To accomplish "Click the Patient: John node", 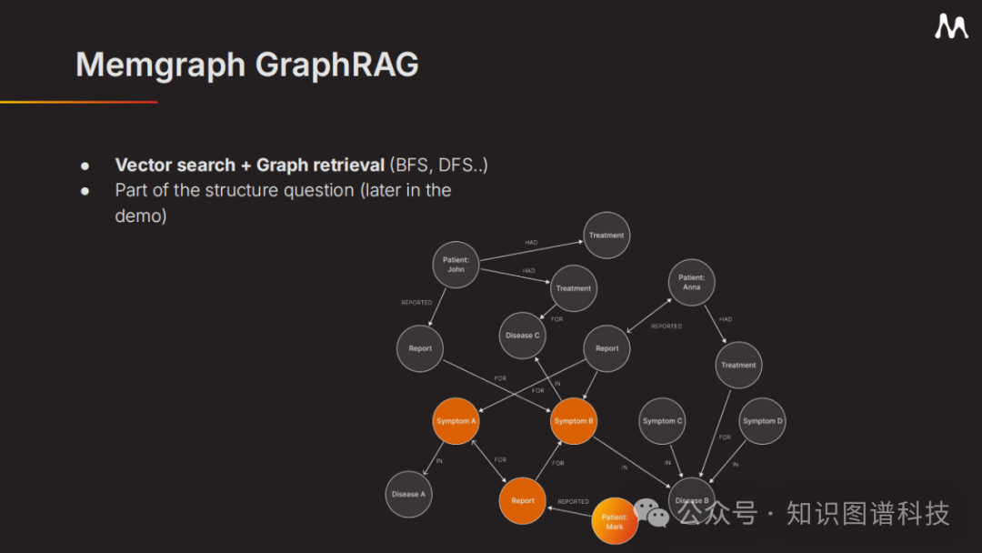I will click(x=456, y=265).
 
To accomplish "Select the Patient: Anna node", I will click(x=691, y=282).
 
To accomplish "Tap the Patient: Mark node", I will click(x=615, y=521).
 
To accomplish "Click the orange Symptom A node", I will click(x=456, y=421).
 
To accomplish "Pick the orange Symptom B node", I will click(x=574, y=421).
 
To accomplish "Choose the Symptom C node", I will click(x=662, y=421).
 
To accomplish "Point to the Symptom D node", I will click(x=762, y=421).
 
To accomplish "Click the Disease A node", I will click(x=408, y=494).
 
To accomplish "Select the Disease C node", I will click(x=523, y=336).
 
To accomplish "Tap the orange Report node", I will click(x=523, y=500).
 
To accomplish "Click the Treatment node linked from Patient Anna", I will click(x=738, y=365).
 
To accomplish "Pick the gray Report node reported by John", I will click(x=420, y=348).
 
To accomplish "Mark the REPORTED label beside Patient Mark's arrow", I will click(x=573, y=501).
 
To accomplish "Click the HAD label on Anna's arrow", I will click(x=726, y=319).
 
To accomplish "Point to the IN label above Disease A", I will click(x=439, y=461).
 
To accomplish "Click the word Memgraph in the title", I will click(x=160, y=65).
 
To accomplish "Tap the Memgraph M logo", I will click(x=951, y=27).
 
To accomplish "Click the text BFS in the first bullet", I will click(x=411, y=165).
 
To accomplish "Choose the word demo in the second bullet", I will click(x=141, y=216).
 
